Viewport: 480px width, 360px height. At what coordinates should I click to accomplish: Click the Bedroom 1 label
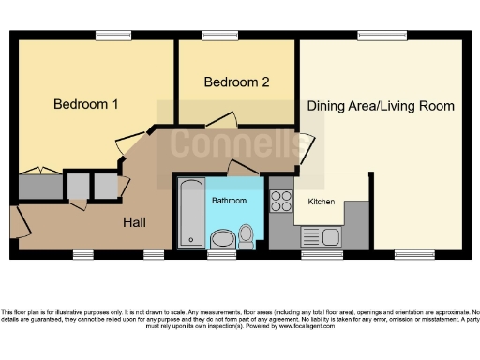click(85, 104)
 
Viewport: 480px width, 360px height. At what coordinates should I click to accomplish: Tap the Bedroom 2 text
click(237, 82)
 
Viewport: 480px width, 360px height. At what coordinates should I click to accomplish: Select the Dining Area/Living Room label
click(381, 106)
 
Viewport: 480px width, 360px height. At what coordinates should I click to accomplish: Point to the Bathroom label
click(229, 201)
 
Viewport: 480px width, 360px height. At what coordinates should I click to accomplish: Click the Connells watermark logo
click(230, 145)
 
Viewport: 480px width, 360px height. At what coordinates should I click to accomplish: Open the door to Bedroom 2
click(222, 120)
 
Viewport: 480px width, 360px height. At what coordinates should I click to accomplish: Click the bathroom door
click(243, 167)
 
